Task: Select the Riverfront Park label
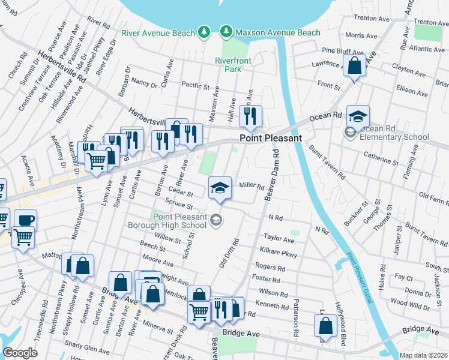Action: [229, 64]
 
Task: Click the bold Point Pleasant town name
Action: [266, 138]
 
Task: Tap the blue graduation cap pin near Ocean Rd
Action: [358, 116]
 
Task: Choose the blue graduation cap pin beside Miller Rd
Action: [220, 188]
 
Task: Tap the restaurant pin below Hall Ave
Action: [250, 115]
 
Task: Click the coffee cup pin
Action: [25, 220]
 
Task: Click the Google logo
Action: [20, 353]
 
